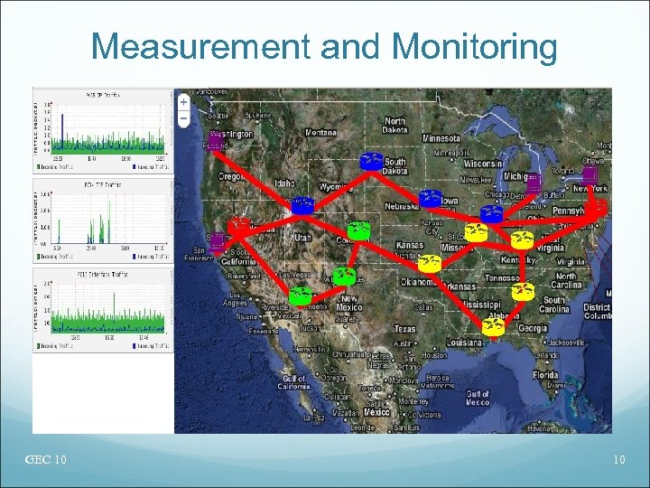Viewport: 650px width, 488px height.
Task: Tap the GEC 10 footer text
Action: click(x=45, y=461)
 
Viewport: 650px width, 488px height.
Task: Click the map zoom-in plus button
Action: click(x=183, y=101)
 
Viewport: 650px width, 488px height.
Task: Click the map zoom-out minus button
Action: click(x=183, y=117)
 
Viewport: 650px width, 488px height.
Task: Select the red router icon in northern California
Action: click(x=239, y=226)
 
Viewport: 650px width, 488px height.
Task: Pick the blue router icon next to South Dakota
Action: click(x=371, y=162)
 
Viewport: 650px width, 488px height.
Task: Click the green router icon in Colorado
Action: click(x=359, y=230)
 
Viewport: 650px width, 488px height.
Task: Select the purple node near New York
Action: click(x=590, y=174)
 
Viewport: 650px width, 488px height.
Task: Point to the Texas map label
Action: click(x=405, y=329)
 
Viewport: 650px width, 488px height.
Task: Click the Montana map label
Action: click(x=321, y=132)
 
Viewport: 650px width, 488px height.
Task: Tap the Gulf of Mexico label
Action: click(x=478, y=398)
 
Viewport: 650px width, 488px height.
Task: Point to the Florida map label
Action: click(x=544, y=373)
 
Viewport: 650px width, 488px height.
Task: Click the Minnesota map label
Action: click(x=441, y=138)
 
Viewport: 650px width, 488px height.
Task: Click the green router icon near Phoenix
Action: click(x=301, y=296)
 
